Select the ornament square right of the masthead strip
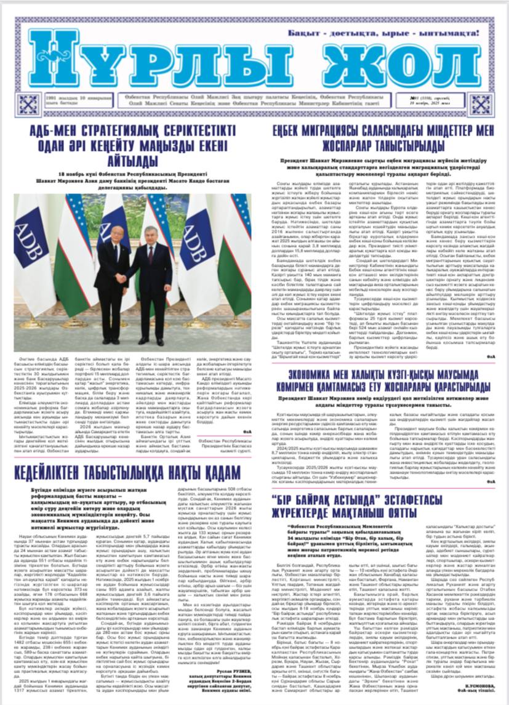pos(481,104)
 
